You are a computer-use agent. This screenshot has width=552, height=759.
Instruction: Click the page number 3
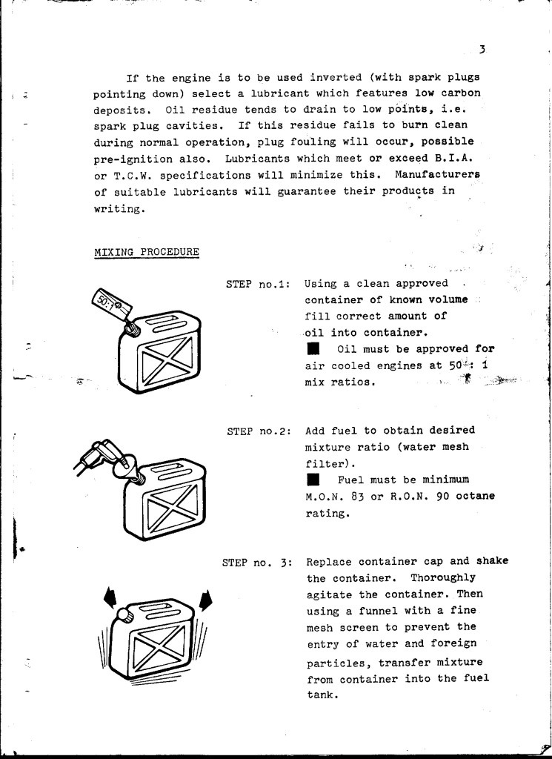pos(482,50)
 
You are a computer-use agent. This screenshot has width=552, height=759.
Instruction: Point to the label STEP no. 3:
pos(259,562)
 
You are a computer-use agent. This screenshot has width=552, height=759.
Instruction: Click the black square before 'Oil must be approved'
pos(313,349)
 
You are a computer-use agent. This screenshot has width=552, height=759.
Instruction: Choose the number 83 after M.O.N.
pos(366,497)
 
